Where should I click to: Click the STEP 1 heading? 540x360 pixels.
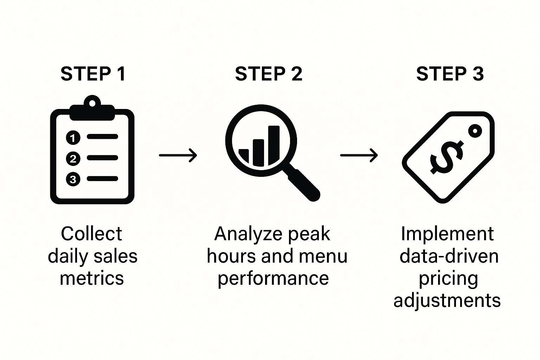[93, 74]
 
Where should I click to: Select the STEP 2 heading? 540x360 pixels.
[269, 74]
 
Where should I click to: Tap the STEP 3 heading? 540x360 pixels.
[450, 74]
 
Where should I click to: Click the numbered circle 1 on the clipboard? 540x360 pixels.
[73, 137]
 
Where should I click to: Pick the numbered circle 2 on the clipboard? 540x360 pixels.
[73, 159]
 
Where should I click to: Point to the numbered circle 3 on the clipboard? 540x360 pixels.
[73, 179]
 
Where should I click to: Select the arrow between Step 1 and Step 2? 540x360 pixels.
[178, 155]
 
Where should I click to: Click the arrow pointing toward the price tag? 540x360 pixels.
[359, 155]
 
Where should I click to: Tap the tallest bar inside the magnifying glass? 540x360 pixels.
[274, 144]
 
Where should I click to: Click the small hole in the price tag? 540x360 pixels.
[475, 131]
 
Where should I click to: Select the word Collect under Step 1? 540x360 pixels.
[91, 234]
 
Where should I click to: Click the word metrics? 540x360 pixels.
[92, 278]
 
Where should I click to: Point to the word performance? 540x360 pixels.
[273, 279]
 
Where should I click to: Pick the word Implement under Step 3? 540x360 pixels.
[447, 234]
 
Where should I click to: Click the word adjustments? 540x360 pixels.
[447, 301]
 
